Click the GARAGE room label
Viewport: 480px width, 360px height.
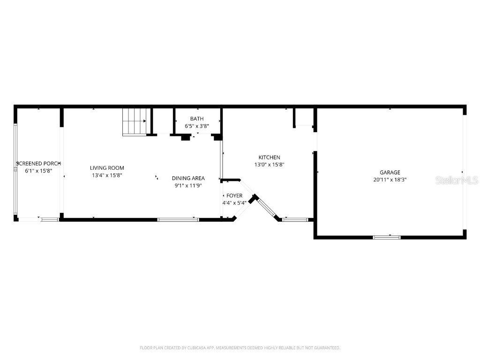coord(390,172)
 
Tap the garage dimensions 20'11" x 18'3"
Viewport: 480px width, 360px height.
coord(390,180)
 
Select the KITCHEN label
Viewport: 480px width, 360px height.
coord(269,157)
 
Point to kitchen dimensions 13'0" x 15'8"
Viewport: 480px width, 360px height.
coord(269,165)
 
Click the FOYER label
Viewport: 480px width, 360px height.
coord(234,195)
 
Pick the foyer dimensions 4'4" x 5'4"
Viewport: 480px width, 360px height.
coord(234,202)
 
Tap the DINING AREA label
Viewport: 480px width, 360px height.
coord(188,178)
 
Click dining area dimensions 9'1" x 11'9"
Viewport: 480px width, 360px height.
coord(188,185)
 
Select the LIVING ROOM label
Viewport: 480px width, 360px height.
coord(107,168)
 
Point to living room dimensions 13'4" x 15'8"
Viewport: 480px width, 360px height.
coord(107,175)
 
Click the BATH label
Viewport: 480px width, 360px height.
coord(197,119)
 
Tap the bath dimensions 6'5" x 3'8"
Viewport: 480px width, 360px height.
coord(197,126)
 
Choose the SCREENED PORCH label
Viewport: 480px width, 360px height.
coord(38,164)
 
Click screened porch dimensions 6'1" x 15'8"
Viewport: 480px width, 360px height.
coord(38,171)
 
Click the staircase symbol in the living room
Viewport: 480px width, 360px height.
coord(135,122)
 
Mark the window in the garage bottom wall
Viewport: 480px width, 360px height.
coord(387,237)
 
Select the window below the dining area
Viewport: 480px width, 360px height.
coord(178,219)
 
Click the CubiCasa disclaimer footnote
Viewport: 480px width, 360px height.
coord(240,348)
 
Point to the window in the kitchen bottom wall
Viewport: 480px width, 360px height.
coord(295,219)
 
